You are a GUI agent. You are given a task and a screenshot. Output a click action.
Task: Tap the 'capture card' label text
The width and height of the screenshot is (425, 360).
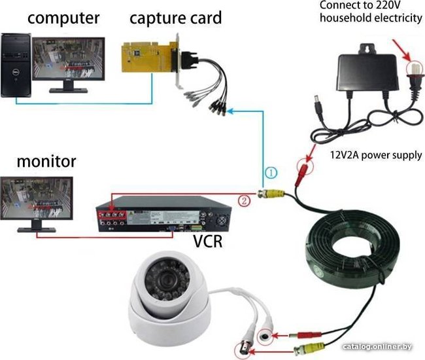[176, 17]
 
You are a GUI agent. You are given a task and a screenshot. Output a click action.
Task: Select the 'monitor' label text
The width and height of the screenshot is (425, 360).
[46, 161]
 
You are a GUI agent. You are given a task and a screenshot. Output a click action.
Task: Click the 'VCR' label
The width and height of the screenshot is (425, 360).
[208, 242]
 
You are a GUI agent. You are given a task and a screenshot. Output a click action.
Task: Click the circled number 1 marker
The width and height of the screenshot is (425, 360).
[272, 173]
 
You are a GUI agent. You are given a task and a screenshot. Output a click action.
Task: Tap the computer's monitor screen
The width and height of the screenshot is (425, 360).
[69, 62]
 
